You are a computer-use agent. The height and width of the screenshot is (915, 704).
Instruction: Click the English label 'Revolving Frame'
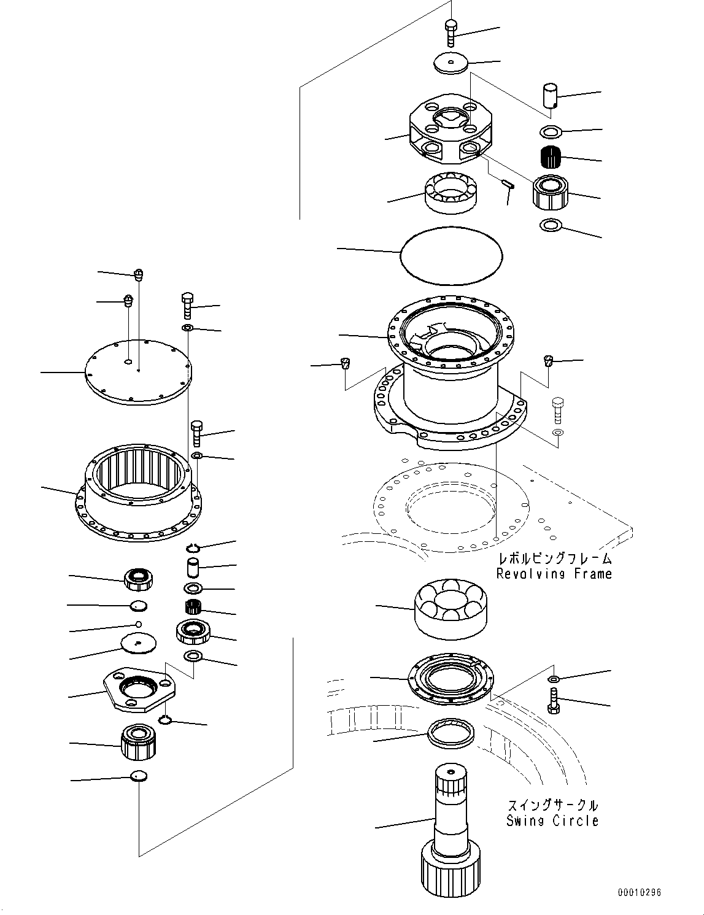[554, 574]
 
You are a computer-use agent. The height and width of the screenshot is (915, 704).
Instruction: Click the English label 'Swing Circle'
[552, 821]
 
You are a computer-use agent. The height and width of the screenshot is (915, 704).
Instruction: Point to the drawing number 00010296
[639, 893]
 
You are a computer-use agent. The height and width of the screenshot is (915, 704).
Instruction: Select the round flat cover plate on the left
[137, 373]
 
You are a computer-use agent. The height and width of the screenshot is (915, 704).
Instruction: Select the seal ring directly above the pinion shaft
[451, 733]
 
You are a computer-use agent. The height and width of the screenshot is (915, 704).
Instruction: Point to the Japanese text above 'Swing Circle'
[552, 805]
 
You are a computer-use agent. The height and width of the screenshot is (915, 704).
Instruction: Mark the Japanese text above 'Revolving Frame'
[554, 558]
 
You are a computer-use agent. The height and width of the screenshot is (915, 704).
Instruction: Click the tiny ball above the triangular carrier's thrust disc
[139, 624]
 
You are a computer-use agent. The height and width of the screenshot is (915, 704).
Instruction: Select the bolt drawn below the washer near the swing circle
[553, 701]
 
